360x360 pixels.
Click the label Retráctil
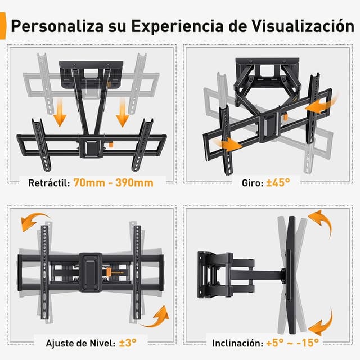tap(48, 183)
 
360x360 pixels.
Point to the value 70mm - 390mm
tap(112, 183)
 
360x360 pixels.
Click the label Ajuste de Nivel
tap(74, 341)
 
